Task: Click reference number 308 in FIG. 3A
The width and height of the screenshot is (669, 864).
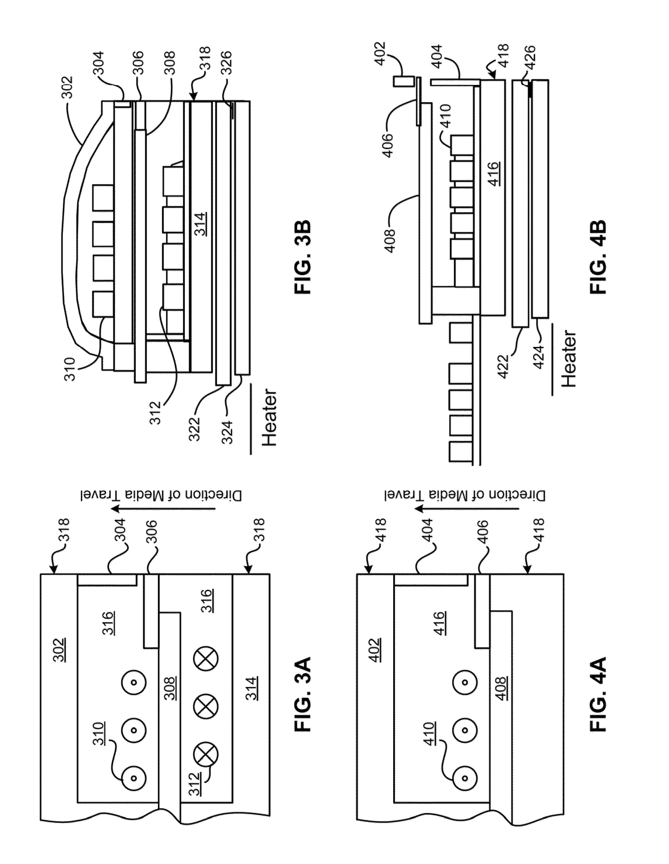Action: point(170,689)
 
